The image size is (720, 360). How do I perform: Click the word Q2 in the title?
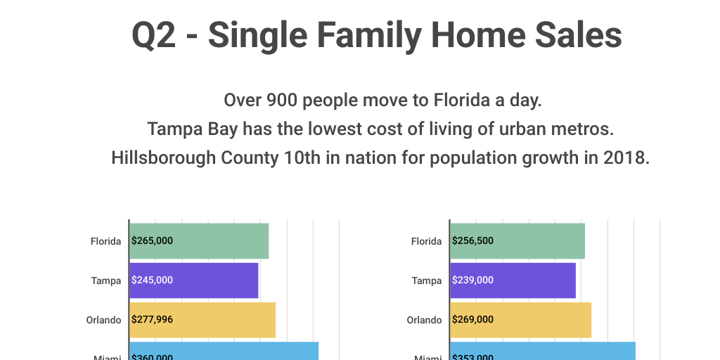[x=154, y=35]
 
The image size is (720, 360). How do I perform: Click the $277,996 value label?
[x=152, y=320]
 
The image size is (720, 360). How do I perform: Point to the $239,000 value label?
[x=472, y=281]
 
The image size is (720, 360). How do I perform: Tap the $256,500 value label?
[x=472, y=241]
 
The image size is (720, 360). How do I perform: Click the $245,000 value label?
[x=152, y=281]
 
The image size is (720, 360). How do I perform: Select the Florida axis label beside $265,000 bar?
[x=106, y=241]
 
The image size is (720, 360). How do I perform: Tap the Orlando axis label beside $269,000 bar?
[x=425, y=320]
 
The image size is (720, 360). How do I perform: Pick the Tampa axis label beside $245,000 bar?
[x=106, y=281]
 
